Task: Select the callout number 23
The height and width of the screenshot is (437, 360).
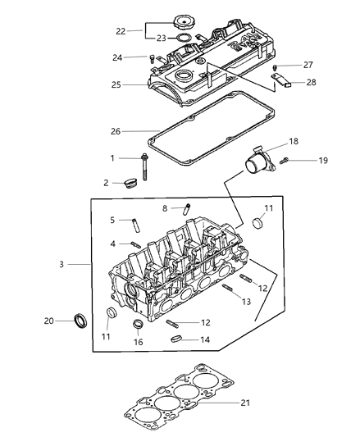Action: [x=162, y=39]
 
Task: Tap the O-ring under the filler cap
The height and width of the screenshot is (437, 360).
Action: [x=184, y=38]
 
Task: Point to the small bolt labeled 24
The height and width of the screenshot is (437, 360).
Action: [x=152, y=58]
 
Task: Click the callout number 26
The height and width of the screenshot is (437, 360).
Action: [x=116, y=131]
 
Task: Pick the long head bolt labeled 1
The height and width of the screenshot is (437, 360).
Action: [x=144, y=166]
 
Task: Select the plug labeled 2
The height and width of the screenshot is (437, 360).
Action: [x=130, y=182]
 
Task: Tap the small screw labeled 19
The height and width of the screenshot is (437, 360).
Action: [x=284, y=161]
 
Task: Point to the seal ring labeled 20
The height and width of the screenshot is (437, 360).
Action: [x=80, y=321]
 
